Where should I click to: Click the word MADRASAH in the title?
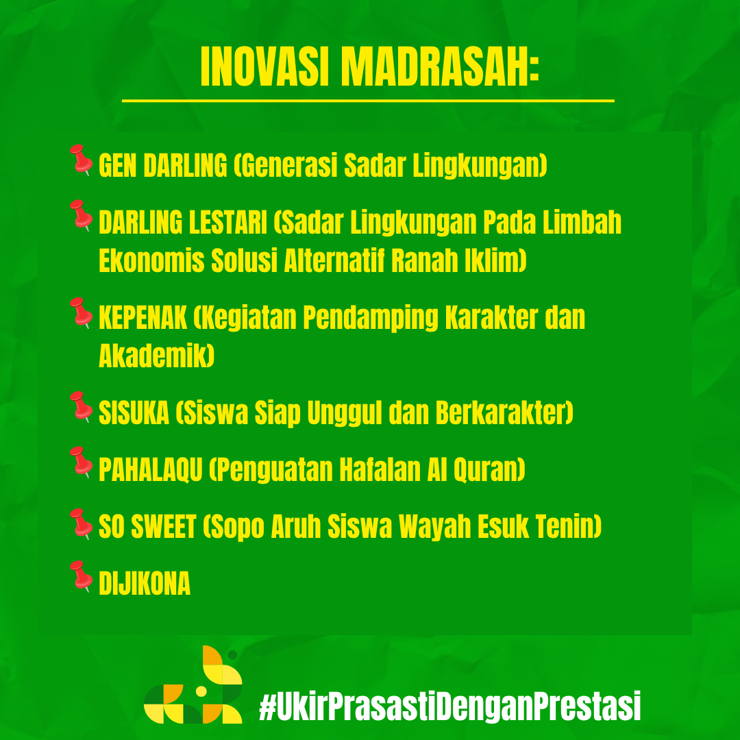tap(439, 67)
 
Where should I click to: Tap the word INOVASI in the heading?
tap(264, 67)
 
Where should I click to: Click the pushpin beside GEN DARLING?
tap(81, 160)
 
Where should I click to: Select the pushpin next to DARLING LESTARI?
tap(81, 215)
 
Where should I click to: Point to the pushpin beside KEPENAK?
tap(81, 313)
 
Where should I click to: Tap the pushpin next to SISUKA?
tap(81, 407)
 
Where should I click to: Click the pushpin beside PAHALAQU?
tap(81, 462)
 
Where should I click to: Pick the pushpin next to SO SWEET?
tap(81, 524)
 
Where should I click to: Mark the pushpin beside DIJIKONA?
tap(81, 576)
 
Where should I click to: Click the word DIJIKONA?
tap(145, 583)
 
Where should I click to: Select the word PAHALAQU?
tap(151, 469)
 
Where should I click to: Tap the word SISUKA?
tap(134, 412)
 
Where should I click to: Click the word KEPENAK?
tap(143, 317)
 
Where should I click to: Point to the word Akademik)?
tap(157, 356)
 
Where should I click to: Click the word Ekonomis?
tap(151, 260)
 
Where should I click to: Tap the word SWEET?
tap(163, 526)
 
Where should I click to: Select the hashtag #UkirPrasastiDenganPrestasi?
tap(450, 706)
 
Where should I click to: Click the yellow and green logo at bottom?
tap(193, 684)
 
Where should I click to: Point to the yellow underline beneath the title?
tap(368, 101)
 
